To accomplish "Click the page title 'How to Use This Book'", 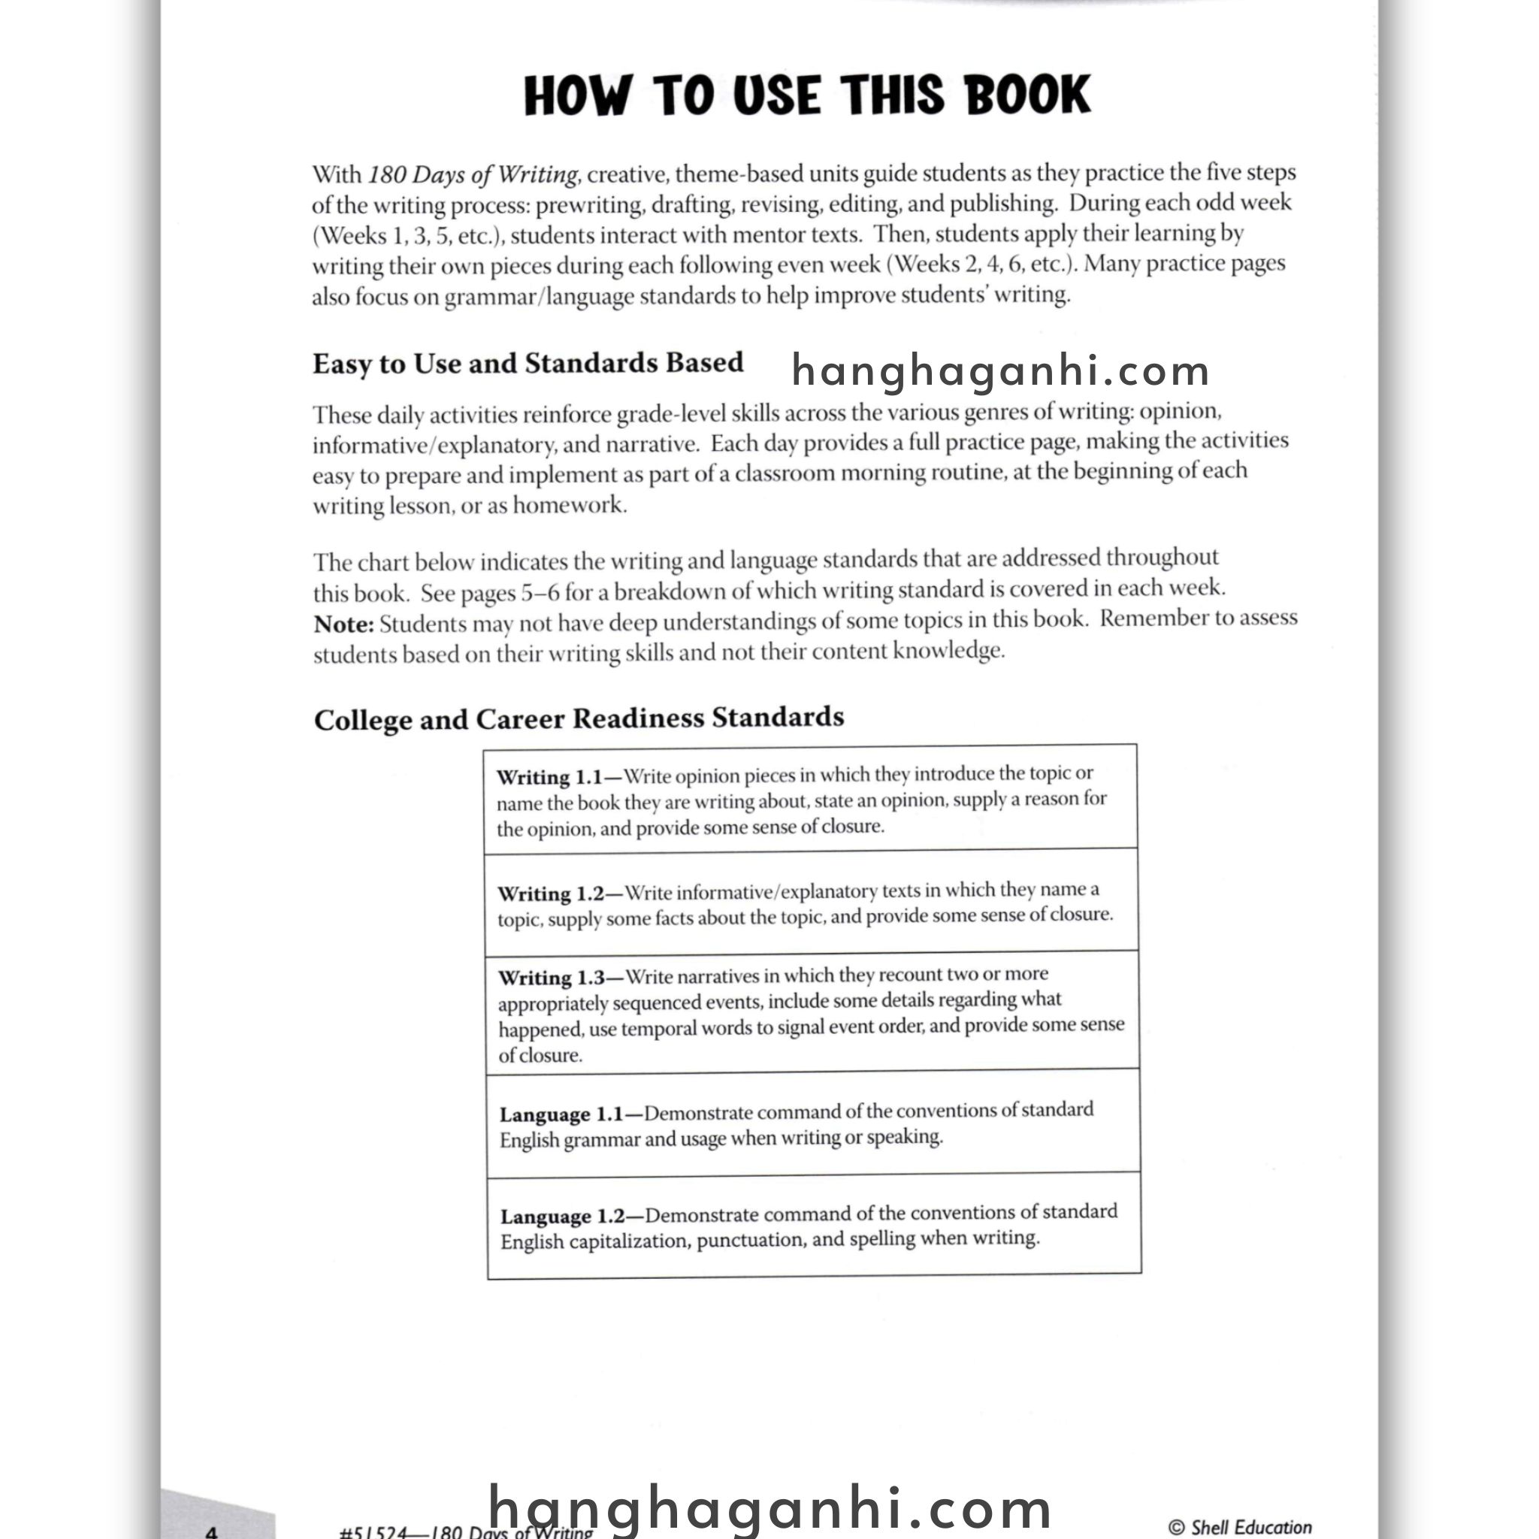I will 806,95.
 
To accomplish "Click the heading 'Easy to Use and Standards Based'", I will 528,363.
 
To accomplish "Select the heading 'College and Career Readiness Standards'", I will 579,718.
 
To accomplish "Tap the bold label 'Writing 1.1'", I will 549,777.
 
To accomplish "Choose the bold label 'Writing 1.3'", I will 552,978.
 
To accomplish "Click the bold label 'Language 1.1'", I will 561,1114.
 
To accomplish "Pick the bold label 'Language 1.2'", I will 561,1217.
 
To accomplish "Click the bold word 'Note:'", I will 343,624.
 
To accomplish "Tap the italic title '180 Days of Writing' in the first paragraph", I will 473,174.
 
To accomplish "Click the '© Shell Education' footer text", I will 1239,1526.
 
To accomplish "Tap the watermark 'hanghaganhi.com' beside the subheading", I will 1000,371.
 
